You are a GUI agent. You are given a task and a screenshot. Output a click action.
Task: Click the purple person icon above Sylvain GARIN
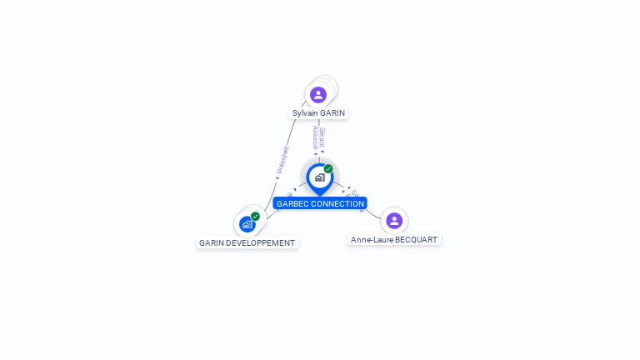(318, 94)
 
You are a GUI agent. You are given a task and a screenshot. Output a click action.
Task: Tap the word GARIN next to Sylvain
(332, 113)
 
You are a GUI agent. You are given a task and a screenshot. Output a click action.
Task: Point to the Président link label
(282, 160)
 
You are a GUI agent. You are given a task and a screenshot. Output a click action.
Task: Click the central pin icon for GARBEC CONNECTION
(319, 177)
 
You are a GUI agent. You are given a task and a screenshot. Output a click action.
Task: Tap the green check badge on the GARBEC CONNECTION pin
(328, 169)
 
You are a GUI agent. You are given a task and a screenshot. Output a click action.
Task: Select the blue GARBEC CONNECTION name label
(320, 203)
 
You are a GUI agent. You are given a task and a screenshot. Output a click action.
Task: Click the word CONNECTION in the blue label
(337, 203)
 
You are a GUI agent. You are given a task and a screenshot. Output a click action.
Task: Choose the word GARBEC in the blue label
(292, 203)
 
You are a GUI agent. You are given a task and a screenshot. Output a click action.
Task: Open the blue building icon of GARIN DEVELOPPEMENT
(247, 224)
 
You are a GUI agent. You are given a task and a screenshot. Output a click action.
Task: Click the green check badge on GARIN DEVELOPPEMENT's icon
(255, 217)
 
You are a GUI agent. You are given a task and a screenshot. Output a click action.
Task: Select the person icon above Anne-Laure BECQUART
(394, 221)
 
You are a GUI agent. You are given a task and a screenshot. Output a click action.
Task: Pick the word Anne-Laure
(371, 240)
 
